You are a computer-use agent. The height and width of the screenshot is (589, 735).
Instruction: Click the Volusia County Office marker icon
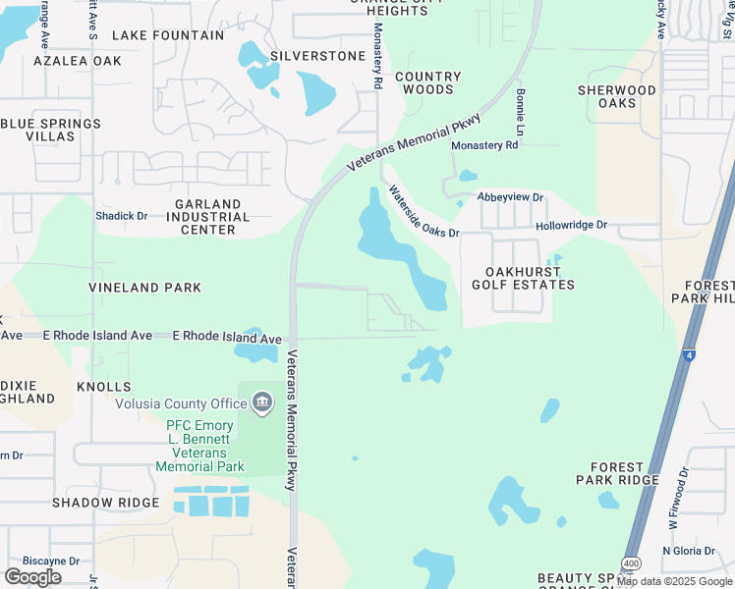261,402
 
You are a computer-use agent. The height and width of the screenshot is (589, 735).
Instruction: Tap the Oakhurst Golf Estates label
531,278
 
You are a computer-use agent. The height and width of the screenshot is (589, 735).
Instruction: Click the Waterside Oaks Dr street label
424,212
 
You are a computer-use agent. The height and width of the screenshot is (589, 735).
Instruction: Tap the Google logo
33,577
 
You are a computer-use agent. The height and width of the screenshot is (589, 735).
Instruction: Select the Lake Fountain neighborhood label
168,35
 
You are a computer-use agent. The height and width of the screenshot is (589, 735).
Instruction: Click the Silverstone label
317,56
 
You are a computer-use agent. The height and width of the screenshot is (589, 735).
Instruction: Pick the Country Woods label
428,83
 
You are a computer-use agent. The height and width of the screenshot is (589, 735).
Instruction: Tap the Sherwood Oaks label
616,96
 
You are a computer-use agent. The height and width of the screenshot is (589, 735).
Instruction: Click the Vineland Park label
144,288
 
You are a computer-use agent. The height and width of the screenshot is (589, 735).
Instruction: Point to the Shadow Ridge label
105,503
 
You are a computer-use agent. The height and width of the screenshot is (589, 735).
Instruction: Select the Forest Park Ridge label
624,473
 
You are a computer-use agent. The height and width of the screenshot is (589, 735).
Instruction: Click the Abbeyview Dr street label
510,197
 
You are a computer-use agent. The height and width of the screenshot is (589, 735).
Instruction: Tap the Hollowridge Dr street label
572,226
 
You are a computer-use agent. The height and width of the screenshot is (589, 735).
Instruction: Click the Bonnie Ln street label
520,113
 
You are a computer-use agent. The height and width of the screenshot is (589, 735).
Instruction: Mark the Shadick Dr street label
121,216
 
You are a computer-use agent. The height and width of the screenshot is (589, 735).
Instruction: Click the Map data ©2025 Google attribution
674,581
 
